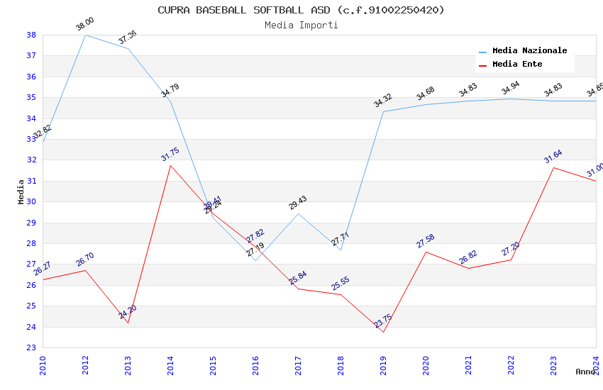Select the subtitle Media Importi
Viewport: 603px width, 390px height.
[301, 25]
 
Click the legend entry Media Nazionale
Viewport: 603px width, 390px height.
[529, 51]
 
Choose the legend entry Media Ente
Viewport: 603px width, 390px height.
[517, 65]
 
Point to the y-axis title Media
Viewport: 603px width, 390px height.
[21, 191]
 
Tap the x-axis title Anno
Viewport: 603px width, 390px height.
[585, 372]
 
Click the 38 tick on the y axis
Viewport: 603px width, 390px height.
[31, 35]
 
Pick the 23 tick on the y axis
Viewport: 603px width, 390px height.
[31, 347]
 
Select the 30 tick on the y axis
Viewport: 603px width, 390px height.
[31, 201]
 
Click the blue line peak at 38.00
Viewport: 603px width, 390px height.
[85, 35]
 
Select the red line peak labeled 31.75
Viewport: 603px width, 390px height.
[170, 165]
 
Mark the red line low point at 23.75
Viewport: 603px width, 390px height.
[383, 332]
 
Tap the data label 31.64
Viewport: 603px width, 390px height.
[553, 157]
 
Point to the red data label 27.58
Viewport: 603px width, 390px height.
[425, 241]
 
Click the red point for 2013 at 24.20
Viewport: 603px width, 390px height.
[128, 323]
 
